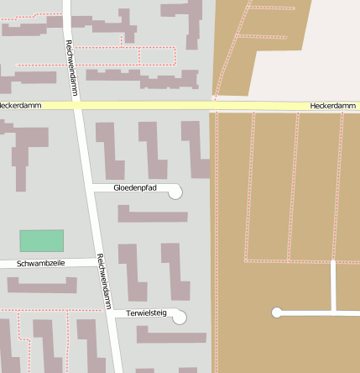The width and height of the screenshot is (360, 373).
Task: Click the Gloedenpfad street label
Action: point(135,187)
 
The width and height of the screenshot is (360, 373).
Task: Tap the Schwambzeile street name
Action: point(41,264)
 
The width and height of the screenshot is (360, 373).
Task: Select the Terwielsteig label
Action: point(147,313)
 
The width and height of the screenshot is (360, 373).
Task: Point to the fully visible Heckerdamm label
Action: point(332,106)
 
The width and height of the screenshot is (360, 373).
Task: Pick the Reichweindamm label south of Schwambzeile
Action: point(103,281)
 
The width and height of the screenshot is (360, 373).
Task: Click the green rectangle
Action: point(42,240)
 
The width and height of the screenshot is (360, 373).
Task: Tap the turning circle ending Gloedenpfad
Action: point(175,192)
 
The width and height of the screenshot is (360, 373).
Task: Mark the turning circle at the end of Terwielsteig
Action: point(179,317)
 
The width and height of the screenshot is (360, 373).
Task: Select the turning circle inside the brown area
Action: point(277,313)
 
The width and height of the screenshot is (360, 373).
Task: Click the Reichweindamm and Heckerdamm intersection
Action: point(77,106)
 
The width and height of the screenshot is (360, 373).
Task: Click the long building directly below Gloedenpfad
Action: point(152,215)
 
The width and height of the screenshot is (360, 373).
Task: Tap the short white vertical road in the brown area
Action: point(334,286)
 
